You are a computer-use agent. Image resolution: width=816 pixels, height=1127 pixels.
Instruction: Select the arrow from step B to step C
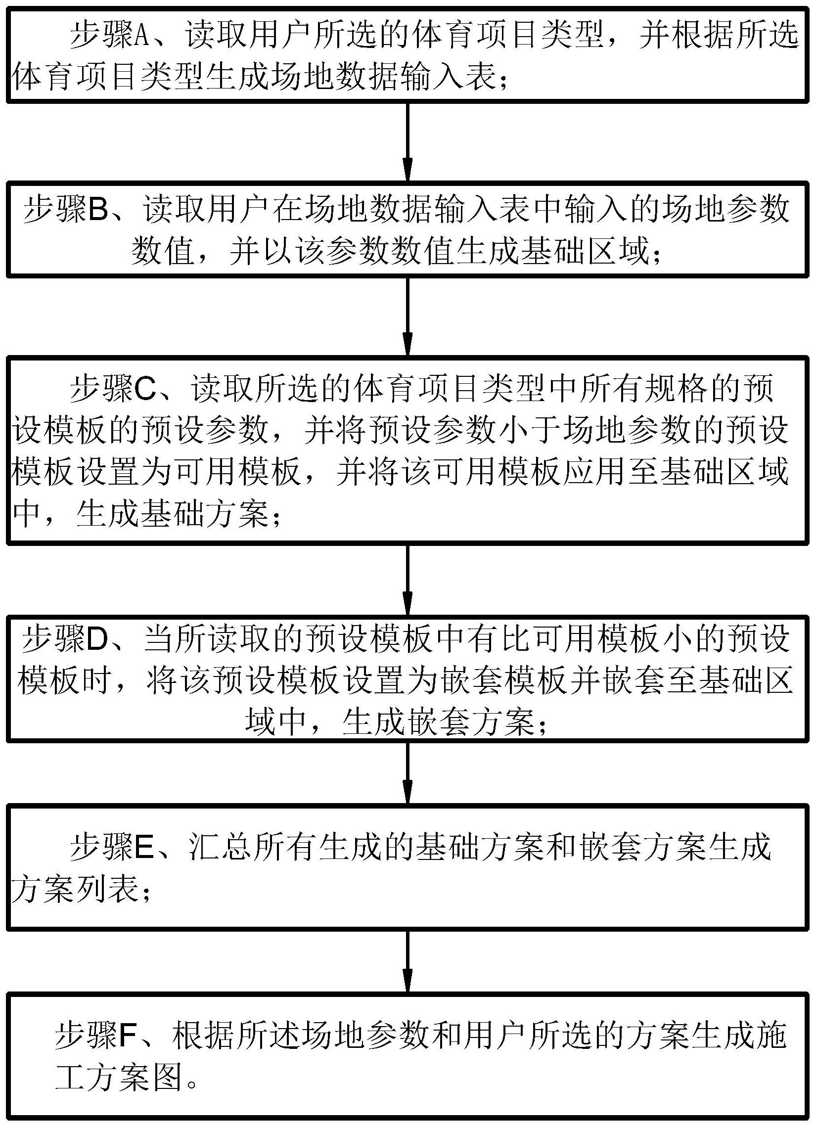tap(408, 316)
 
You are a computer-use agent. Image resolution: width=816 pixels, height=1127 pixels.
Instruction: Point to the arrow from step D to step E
tap(408, 773)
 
